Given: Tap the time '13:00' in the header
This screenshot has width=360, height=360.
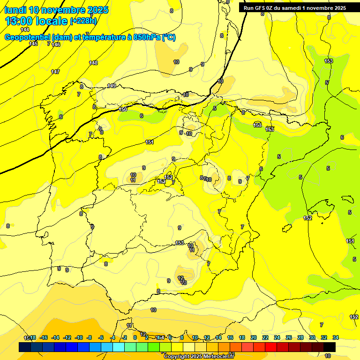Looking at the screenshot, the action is (19, 21).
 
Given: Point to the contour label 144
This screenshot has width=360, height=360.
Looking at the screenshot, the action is (25, 30).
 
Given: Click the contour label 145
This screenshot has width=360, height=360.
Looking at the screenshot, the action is (33, 44).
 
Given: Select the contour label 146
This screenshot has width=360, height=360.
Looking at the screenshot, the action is (56, 45).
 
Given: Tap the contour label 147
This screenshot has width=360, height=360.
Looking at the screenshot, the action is (55, 72).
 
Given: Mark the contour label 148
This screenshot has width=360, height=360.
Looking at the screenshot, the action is (94, 63).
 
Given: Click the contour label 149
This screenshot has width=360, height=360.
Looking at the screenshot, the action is (112, 85).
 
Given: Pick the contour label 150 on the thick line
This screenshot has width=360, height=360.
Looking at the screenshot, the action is (123, 109).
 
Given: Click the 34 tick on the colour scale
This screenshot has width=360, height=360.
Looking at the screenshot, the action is (336, 337).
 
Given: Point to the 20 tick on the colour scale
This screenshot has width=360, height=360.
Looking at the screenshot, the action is (254, 337).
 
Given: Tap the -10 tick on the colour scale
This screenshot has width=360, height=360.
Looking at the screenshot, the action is (79, 337).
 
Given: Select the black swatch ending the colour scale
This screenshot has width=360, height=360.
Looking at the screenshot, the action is (330, 347).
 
